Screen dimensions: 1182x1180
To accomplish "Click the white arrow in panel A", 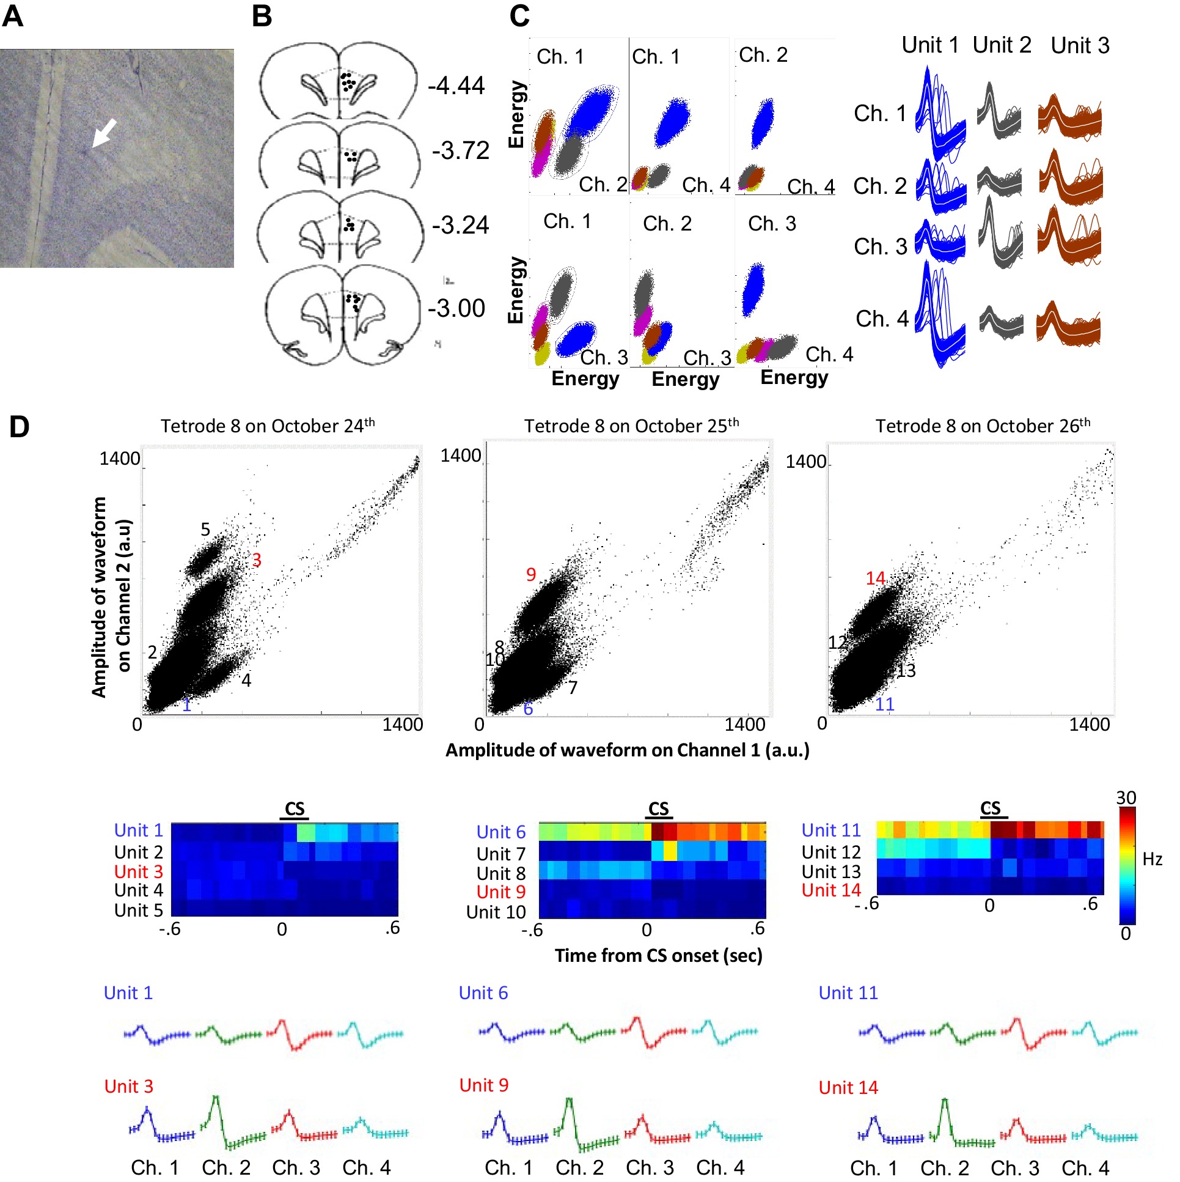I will coord(103,133).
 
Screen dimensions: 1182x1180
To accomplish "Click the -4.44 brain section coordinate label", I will coord(456,85).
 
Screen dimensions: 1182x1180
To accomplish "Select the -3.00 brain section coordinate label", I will coord(456,308).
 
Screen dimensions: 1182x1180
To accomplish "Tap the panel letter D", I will coord(19,426).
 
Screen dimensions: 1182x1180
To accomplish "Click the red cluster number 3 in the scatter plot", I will coord(257,560).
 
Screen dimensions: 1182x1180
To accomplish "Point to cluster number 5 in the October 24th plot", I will coord(205,529).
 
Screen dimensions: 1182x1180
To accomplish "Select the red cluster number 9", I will coord(530,574).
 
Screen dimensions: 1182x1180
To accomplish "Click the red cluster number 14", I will coord(875,578).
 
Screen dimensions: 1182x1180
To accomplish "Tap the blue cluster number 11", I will coord(884,704).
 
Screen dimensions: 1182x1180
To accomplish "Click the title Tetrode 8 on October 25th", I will coord(631,426).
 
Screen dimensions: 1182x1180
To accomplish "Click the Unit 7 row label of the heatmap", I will coord(500,854).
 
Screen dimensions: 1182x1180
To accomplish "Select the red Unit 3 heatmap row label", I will coord(139,872).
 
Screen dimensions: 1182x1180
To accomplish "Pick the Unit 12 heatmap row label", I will coord(831,852).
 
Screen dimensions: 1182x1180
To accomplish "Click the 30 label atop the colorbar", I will coord(1126,798).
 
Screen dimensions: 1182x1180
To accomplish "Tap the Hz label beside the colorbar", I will coord(1152,860).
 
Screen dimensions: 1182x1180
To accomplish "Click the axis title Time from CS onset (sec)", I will coord(658,956).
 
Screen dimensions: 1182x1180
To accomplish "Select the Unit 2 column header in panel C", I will coord(1002,45).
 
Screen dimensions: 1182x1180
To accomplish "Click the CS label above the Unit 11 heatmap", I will coord(990,808).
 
